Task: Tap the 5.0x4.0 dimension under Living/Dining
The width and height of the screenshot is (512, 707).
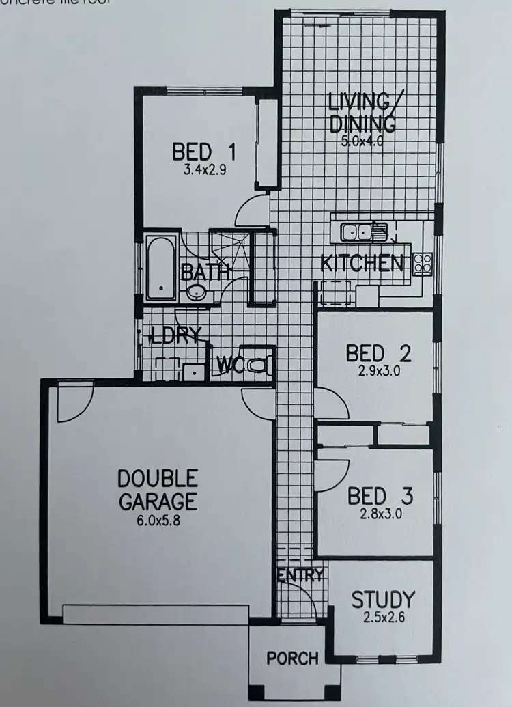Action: pyautogui.click(x=362, y=142)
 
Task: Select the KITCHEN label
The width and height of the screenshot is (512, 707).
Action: pyautogui.click(x=361, y=263)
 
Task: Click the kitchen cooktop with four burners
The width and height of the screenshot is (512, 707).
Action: pyautogui.click(x=422, y=262)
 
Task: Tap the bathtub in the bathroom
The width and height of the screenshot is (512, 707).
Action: pyautogui.click(x=160, y=268)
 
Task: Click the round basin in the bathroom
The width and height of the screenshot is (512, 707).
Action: pyautogui.click(x=197, y=293)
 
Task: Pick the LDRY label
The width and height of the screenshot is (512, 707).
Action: pyautogui.click(x=176, y=335)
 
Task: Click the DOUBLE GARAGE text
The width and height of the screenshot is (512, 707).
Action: pyautogui.click(x=158, y=489)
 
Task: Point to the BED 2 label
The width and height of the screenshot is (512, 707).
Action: pyautogui.click(x=378, y=353)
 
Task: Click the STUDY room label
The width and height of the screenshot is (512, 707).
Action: pyautogui.click(x=382, y=600)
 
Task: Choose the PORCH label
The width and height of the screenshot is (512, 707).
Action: pyautogui.click(x=292, y=659)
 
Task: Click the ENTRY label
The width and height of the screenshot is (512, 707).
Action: pyautogui.click(x=300, y=576)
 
